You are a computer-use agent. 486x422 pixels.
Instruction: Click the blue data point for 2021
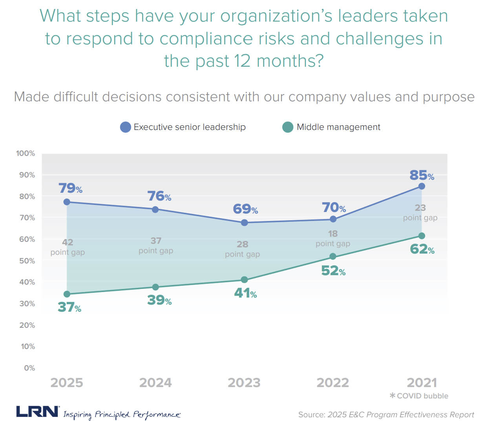tap(422, 186)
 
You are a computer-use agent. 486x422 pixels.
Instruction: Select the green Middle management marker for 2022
tap(333, 256)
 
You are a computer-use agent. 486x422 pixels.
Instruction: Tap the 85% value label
tap(422, 175)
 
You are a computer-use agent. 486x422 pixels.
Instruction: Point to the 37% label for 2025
tap(69, 307)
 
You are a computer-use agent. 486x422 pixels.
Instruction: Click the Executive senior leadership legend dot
tap(125, 127)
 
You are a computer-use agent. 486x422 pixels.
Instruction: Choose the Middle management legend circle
tap(288, 127)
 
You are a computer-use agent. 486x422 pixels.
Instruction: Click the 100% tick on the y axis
tap(26, 153)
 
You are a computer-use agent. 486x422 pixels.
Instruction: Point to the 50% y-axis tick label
tap(27, 261)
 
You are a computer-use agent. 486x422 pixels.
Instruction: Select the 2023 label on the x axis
tap(244, 382)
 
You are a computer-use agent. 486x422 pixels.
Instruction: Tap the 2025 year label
tap(67, 382)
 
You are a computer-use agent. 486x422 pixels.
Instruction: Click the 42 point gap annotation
tap(68, 247)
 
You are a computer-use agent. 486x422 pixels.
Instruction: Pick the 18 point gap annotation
tap(333, 238)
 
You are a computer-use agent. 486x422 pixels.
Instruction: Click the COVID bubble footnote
tap(419, 396)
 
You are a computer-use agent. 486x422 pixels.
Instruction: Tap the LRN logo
tap(38, 412)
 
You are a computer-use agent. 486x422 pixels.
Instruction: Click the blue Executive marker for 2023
tap(244, 223)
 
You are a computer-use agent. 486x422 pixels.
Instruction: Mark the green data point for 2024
tap(155, 287)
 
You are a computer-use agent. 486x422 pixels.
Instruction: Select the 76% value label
tap(159, 196)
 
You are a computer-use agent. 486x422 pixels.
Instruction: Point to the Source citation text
tap(386, 415)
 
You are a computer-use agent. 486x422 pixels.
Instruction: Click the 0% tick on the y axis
tap(29, 368)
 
